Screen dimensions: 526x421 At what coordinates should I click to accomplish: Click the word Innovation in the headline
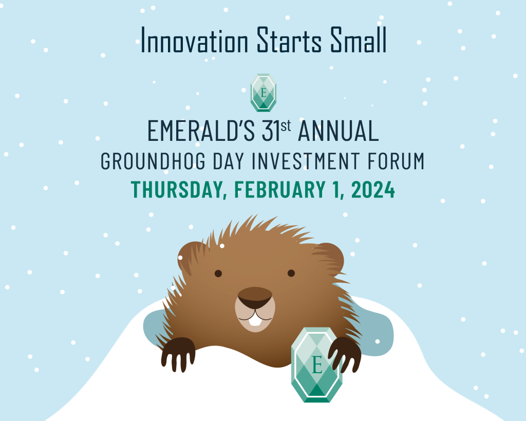194,40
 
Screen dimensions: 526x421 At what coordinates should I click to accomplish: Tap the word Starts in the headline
289,40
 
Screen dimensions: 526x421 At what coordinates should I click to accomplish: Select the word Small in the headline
359,40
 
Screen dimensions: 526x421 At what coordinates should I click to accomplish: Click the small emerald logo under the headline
264,93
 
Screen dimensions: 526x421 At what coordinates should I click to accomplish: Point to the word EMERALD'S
201,131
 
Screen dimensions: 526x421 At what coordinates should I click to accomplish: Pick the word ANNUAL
339,131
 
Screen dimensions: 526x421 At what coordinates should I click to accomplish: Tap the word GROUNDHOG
153,161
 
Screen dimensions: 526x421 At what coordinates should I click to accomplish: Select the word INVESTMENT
306,161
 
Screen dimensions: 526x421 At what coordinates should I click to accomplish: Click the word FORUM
396,161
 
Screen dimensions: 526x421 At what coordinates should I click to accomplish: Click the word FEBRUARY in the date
279,190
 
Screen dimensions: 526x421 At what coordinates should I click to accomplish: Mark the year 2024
373,190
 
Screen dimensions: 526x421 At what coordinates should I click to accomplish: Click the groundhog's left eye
218,273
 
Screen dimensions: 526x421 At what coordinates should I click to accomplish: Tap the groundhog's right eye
291,273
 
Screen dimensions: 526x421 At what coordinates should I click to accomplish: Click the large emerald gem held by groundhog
316,364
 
